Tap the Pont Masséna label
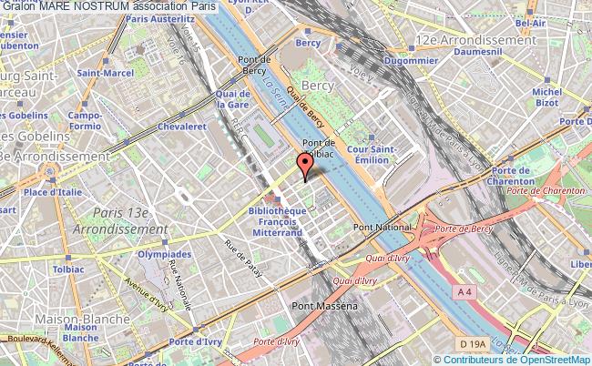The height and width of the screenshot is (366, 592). [x=324, y=309]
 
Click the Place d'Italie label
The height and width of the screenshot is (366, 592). [x=48, y=192]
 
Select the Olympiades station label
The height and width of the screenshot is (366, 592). [x=164, y=255]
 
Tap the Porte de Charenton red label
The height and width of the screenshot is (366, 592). [x=545, y=190]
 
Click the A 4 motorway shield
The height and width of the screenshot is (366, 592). [x=464, y=291]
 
